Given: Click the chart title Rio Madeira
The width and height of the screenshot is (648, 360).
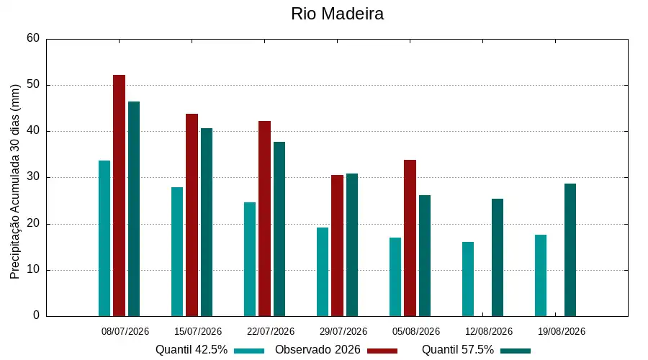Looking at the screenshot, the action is pos(337,14).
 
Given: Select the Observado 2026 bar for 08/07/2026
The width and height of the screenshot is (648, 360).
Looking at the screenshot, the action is pos(119,196).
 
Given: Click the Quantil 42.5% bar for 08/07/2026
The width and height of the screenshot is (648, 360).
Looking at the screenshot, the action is pos(104,238).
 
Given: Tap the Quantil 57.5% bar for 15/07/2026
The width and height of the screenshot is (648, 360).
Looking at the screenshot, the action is pos(207,222).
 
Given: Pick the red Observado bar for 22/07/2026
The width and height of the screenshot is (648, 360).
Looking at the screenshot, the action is pos(264,219).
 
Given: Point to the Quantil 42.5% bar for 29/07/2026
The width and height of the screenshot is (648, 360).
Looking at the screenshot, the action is pos(323,272).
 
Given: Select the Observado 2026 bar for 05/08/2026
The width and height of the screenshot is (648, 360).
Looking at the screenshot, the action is pos(410,238).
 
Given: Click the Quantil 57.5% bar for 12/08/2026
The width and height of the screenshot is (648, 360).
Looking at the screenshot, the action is pos(498,258).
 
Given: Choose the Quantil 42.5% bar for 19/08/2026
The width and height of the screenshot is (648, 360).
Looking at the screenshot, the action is pos(541,276).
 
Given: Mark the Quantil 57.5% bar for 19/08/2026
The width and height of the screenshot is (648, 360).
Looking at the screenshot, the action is pos(570,250).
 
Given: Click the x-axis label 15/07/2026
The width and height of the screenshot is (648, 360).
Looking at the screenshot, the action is pos(198,331).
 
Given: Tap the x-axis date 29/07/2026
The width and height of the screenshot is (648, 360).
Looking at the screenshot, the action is pos(343,331).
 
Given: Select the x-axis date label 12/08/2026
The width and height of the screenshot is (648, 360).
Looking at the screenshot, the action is pos(489,331).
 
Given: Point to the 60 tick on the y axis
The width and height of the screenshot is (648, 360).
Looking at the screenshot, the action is pos(33,38).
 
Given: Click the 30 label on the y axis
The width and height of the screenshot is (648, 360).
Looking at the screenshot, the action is pos(33,177).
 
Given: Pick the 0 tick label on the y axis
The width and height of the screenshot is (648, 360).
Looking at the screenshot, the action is pos(37,315).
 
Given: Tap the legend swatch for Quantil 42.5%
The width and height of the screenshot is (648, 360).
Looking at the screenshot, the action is pos(249,351).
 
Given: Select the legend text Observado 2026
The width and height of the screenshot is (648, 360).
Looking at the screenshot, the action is pos(318,350).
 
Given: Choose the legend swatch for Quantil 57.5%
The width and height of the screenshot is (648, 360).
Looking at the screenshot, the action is pos(516,351).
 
